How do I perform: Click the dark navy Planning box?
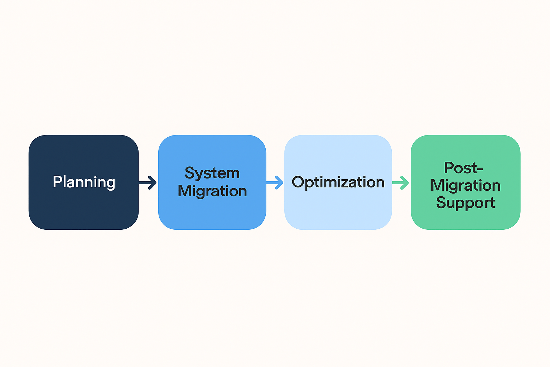(x=83, y=208)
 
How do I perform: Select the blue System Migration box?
(x=212, y=211)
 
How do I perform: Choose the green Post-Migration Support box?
(x=465, y=219)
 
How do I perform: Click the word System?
(x=212, y=173)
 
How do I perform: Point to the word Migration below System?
(x=212, y=191)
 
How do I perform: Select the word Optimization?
(x=338, y=182)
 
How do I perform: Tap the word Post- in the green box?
(x=463, y=168)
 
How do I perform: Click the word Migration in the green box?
(x=465, y=185)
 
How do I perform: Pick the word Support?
(x=465, y=203)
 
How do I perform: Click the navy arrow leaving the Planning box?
(x=148, y=182)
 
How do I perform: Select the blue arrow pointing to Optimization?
(x=275, y=182)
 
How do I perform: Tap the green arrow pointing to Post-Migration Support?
(x=401, y=182)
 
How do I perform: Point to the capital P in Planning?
(x=57, y=182)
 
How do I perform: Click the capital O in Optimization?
(x=298, y=182)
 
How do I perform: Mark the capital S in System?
(x=190, y=173)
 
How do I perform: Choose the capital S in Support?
(x=442, y=202)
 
